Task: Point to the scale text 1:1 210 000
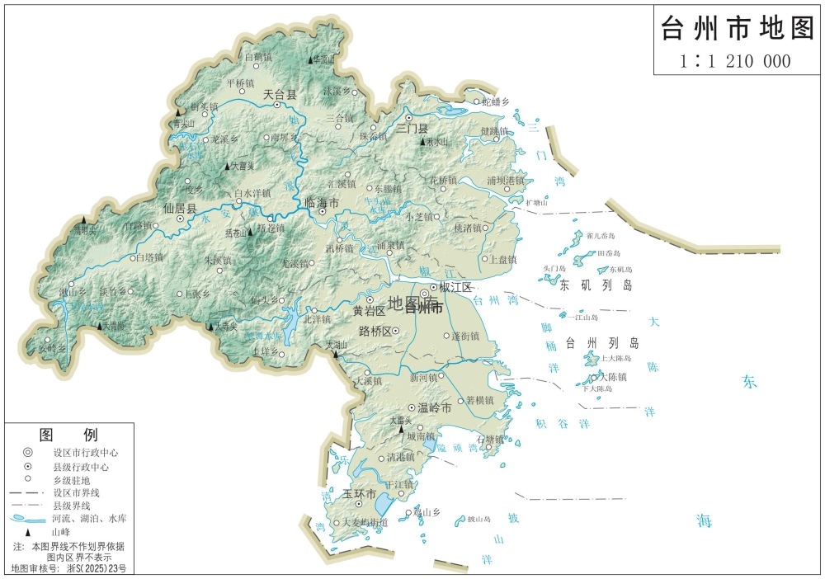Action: (735, 60)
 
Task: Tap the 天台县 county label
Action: (279, 96)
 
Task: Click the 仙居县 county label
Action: (180, 209)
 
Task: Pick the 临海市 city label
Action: (322, 202)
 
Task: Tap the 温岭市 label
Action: (435, 408)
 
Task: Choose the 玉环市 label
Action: (360, 494)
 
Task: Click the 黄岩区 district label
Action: (369, 311)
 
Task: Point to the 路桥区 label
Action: (375, 332)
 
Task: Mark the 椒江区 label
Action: (455, 287)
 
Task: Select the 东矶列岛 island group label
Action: (596, 286)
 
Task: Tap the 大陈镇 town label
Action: (613, 377)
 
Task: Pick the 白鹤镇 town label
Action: (258, 57)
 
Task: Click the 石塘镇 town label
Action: (489, 439)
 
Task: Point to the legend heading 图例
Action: (68, 435)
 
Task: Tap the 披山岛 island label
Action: (479, 519)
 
